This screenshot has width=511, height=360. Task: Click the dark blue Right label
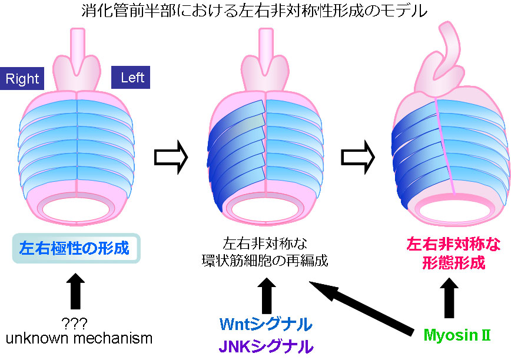(22, 79)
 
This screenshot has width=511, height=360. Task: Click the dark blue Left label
(131, 77)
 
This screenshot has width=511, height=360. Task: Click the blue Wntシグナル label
(266, 324)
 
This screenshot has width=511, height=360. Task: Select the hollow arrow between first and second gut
(171, 157)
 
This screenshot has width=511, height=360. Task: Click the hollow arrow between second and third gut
(357, 157)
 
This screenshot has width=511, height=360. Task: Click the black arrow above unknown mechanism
(77, 292)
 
